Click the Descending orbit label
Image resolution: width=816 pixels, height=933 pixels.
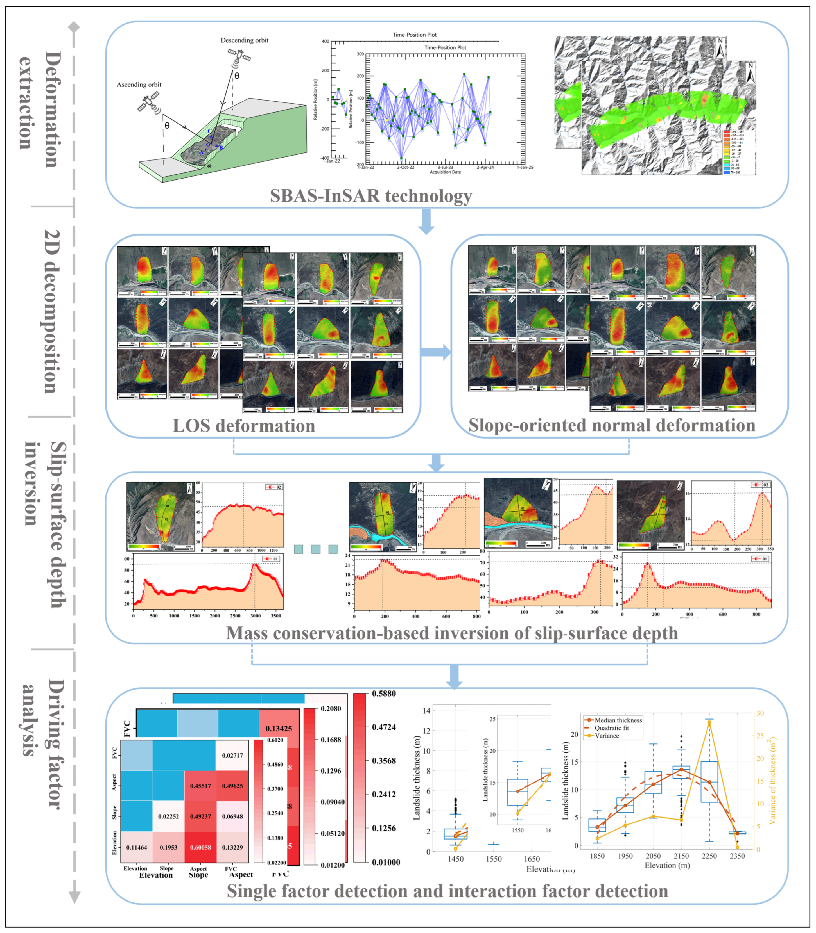point(245,40)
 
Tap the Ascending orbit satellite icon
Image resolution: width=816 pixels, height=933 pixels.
point(149,103)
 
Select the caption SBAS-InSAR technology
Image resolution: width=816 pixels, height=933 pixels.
point(371,196)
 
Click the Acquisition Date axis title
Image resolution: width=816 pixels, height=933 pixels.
point(445,172)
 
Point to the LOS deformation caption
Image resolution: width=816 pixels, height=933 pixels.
point(244,426)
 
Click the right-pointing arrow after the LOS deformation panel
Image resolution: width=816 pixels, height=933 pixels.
point(435,352)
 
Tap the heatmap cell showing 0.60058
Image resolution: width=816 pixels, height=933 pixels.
point(200,847)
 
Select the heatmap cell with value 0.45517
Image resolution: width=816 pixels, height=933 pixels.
point(200,786)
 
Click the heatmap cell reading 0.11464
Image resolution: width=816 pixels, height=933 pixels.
point(137,847)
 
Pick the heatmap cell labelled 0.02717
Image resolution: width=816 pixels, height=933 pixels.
point(232,755)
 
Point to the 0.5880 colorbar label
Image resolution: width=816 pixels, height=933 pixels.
point(384,693)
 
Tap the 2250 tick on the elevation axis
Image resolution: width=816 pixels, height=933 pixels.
point(709,856)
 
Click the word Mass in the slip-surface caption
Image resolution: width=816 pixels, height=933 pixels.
point(246,633)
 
